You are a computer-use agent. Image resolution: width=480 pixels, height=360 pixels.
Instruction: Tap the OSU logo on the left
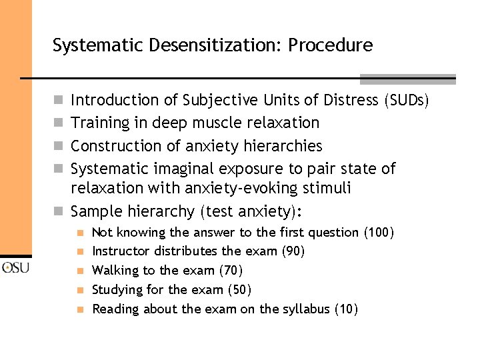pos(15,268)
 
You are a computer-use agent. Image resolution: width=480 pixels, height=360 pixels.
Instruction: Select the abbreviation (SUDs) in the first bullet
pos(406,100)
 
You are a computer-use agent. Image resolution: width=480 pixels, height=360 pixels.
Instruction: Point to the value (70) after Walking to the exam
pos(231,271)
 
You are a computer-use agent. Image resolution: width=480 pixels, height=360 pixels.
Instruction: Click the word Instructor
pos(121,251)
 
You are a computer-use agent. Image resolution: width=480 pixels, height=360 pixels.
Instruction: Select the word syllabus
pos(305,309)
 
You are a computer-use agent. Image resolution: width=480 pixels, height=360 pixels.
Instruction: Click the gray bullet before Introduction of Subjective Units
pos(58,100)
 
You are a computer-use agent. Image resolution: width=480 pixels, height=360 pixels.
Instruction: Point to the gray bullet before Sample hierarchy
pos(58,211)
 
